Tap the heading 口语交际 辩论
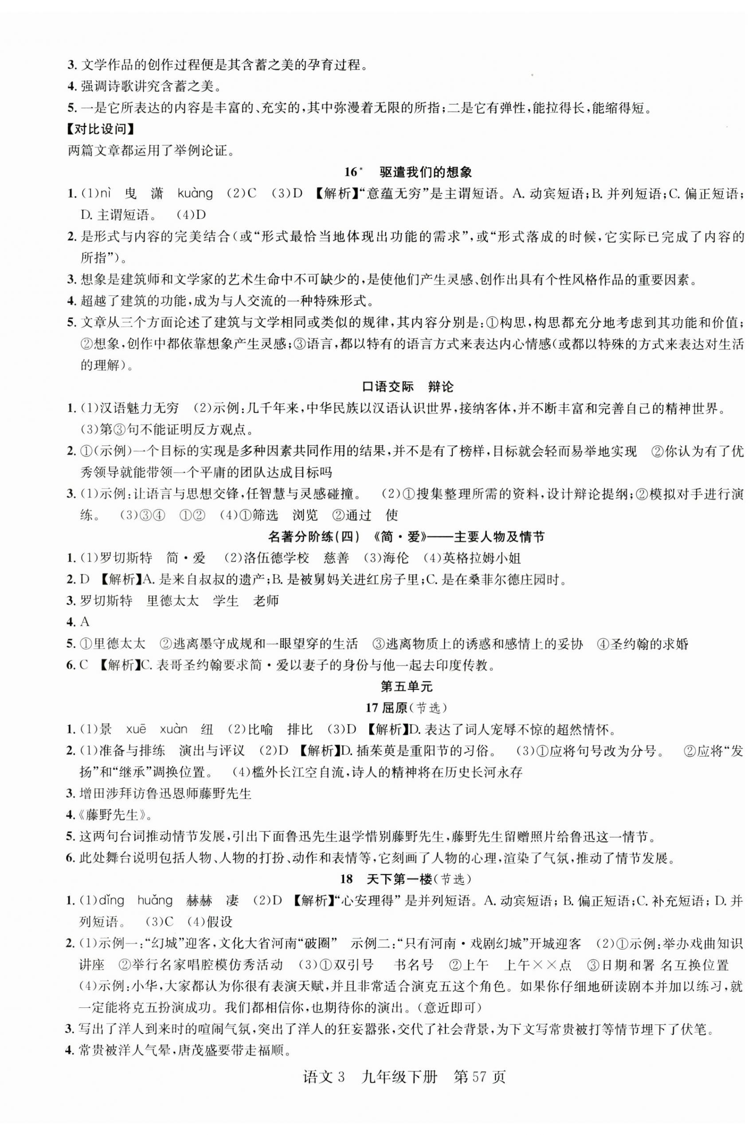[x=407, y=387]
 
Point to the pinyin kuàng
[x=195, y=194]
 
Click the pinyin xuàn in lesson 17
[x=173, y=729]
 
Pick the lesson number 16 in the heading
[x=352, y=172]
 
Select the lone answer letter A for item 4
[x=85, y=622]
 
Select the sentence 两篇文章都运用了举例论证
[x=151, y=151]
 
